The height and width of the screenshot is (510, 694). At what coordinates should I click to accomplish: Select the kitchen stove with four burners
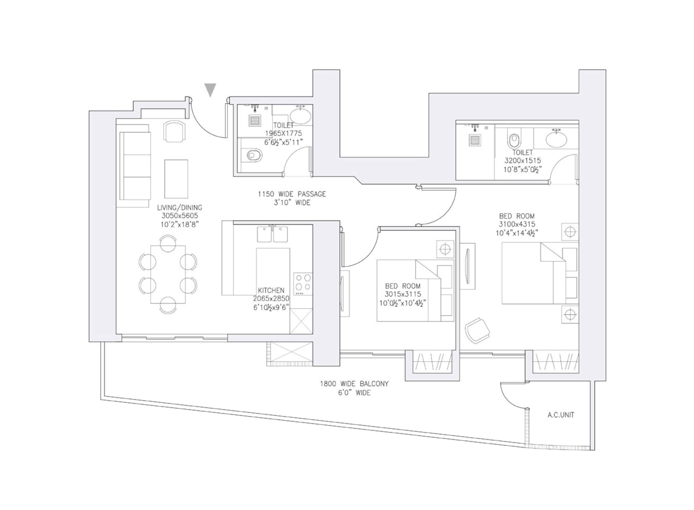point(302,284)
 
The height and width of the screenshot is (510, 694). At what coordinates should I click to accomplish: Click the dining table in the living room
point(168,274)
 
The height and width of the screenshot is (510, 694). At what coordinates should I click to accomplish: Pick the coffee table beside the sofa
point(176,179)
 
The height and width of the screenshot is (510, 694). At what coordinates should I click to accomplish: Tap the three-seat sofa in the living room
point(135,166)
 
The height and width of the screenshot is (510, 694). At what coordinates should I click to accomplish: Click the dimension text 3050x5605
point(180,216)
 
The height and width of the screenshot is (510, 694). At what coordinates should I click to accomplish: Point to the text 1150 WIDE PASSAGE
point(292,194)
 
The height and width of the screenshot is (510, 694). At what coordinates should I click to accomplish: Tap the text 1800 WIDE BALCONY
point(354,384)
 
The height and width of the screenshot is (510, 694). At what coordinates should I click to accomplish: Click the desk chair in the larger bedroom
point(477,330)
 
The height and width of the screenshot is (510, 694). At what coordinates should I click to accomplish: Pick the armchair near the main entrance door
point(174,132)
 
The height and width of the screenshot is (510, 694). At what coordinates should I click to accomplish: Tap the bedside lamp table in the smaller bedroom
point(445,249)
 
